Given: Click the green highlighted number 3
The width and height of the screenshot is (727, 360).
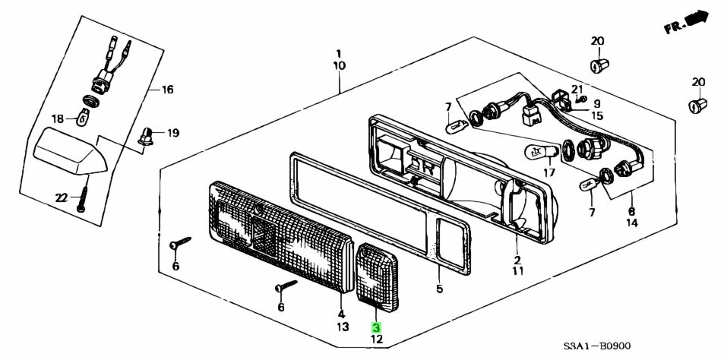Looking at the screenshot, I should (x=375, y=327).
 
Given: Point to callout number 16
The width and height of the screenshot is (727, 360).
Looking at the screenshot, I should (x=167, y=90).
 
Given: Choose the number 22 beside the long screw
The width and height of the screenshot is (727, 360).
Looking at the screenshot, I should (x=62, y=198).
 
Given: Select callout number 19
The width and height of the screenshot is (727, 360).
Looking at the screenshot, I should (x=173, y=133).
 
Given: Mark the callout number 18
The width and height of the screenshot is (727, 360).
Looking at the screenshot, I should (x=58, y=118).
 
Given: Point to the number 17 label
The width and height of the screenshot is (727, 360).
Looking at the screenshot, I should (x=549, y=172).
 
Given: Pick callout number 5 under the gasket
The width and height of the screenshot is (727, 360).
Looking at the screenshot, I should (x=439, y=289).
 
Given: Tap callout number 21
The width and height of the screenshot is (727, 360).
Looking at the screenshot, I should (x=577, y=90).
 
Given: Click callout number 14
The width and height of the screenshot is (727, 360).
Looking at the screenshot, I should (x=632, y=224).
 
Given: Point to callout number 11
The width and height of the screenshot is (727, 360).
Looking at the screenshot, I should (x=517, y=270).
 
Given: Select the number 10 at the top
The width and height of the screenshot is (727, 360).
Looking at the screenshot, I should (x=339, y=66).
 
